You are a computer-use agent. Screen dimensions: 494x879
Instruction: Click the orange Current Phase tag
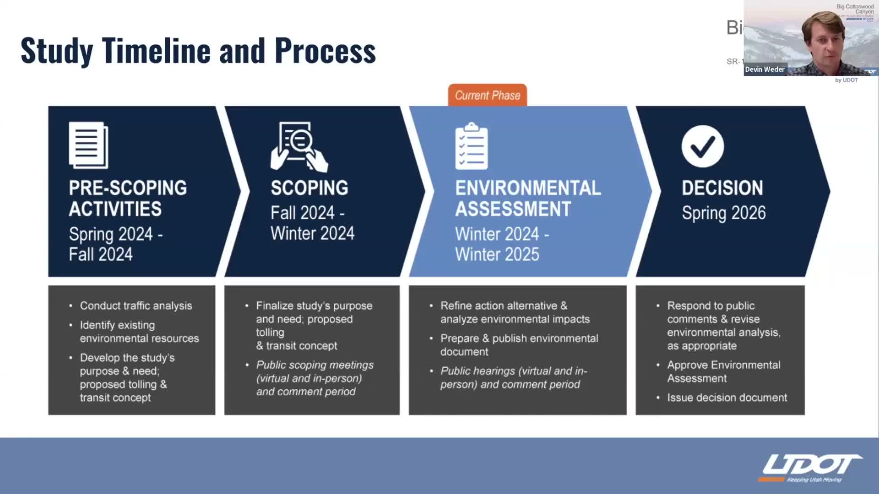click(487, 95)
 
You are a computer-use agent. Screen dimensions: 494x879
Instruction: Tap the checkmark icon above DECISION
click(702, 146)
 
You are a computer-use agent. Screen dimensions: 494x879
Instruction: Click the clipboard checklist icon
click(471, 146)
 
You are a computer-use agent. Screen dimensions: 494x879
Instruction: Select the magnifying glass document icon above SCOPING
click(298, 146)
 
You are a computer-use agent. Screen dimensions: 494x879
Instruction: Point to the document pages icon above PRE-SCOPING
click(88, 145)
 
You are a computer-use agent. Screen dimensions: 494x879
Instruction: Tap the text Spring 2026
click(723, 213)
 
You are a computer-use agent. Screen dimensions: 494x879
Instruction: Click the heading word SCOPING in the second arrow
click(309, 188)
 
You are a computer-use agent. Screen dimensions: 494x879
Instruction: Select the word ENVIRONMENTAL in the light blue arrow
click(527, 188)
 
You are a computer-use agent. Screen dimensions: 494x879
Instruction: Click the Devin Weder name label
click(764, 70)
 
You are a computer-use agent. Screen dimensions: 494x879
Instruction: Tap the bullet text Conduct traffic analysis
click(136, 306)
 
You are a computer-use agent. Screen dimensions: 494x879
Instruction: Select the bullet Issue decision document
click(727, 397)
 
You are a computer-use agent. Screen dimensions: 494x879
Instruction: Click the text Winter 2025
click(497, 254)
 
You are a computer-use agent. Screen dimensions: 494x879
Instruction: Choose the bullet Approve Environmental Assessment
click(723, 371)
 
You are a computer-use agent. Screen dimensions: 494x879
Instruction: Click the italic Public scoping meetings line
click(315, 365)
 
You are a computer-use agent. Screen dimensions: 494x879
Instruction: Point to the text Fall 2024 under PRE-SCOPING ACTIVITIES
click(101, 254)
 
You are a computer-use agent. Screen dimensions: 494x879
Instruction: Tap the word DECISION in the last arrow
click(722, 188)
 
